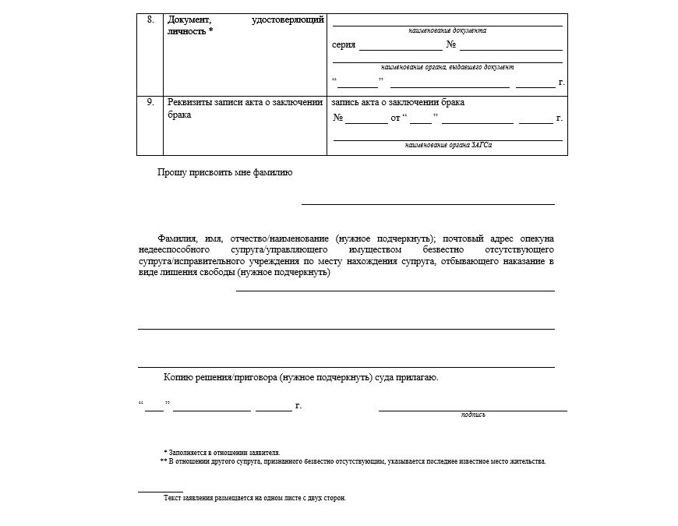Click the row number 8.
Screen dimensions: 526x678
click(x=150, y=19)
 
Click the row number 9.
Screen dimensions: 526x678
click(x=150, y=102)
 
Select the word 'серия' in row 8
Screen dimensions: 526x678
click(x=344, y=44)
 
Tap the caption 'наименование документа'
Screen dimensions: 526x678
click(x=447, y=30)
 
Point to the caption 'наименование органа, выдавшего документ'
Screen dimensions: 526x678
click(x=447, y=67)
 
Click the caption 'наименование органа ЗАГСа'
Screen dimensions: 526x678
click(x=448, y=145)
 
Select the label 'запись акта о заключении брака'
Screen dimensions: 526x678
click(x=398, y=102)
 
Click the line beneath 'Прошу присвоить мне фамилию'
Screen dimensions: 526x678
click(x=428, y=203)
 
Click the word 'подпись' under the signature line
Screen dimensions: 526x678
click(x=473, y=415)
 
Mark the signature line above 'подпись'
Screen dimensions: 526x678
click(x=473, y=410)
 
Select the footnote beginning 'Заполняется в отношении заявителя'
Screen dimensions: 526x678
click(x=222, y=452)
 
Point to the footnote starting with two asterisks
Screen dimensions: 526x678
click(x=353, y=461)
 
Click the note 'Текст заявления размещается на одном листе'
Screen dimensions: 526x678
click(x=254, y=498)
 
